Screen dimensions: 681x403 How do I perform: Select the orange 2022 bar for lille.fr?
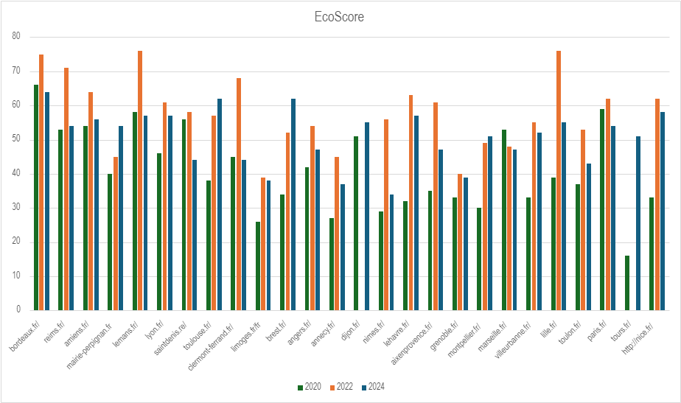(559, 181)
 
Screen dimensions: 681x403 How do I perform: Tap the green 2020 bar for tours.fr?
(627, 283)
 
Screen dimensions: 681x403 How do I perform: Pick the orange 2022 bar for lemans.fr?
(140, 181)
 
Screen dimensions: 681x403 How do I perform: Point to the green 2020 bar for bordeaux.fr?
(36, 197)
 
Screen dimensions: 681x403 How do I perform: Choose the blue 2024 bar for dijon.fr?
(367, 217)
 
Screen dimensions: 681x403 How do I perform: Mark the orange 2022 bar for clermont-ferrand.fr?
(239, 194)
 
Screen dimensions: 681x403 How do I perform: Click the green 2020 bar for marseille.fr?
(504, 220)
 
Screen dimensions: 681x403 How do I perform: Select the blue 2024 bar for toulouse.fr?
(220, 205)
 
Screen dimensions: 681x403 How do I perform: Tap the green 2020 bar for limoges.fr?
(258, 266)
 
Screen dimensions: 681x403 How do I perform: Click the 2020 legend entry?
(310, 387)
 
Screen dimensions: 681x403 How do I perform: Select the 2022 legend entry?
(341, 387)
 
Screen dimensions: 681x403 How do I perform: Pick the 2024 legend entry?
(373, 387)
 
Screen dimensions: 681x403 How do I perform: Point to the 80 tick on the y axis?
(16, 37)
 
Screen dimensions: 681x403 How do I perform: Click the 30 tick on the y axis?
(16, 207)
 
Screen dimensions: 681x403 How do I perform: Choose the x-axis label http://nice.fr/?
(638, 338)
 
